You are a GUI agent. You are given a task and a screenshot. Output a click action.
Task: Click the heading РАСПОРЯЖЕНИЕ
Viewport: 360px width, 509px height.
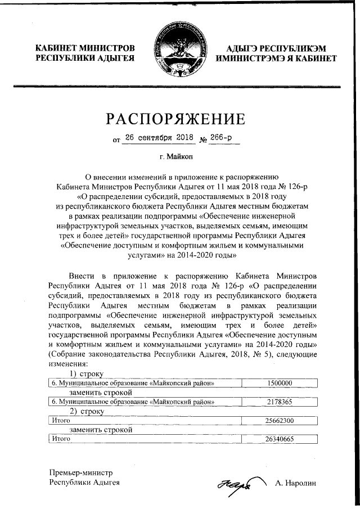[180, 119]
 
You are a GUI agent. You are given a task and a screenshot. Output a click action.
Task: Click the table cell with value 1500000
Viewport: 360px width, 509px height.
[279, 382]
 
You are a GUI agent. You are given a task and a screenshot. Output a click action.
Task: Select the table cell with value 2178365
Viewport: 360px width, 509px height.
[279, 402]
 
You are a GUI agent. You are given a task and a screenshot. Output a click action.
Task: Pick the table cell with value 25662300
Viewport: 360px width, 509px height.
[279, 420]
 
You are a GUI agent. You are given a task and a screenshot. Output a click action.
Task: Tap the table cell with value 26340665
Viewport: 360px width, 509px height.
[279, 439]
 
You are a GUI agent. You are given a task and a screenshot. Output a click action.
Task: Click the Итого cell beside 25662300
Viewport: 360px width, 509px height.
[57, 420]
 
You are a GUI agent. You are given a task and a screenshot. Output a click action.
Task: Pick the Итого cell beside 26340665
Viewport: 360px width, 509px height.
[57, 439]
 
